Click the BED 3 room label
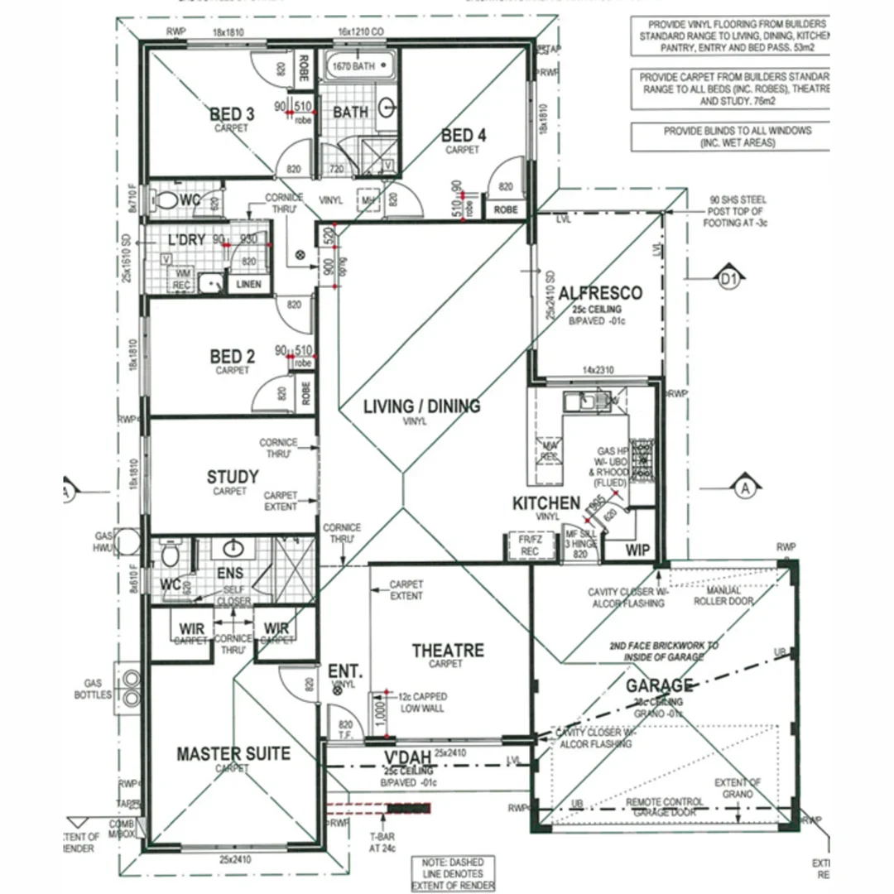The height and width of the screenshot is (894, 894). point(232,114)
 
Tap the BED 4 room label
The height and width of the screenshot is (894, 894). point(463,136)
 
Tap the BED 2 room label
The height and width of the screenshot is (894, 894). point(232,357)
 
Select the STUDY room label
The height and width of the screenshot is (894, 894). point(232,478)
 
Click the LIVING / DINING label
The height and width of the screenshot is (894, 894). point(421,406)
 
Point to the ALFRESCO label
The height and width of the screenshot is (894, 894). point(600,293)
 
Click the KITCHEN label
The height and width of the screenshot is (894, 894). point(546,503)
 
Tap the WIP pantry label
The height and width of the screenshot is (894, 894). point(637,550)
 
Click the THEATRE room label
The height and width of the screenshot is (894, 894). point(448,651)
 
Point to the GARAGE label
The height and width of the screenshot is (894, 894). point(659,685)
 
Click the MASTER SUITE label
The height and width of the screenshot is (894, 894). point(233,753)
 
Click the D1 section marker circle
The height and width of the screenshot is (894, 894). point(728,281)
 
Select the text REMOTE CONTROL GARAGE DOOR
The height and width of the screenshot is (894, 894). point(665,807)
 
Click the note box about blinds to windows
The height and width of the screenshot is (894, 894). point(728,137)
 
